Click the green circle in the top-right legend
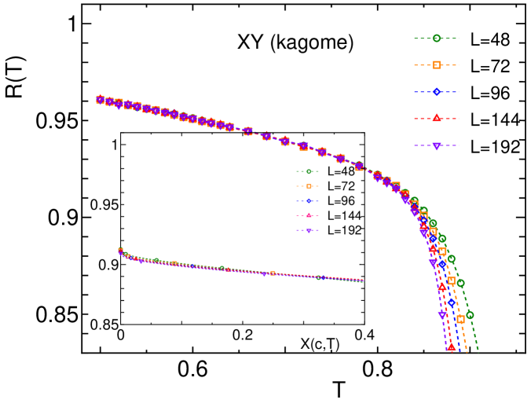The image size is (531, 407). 436,38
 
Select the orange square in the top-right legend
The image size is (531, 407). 436,65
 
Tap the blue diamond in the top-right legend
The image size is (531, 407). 436,92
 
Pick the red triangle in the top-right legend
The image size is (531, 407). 436,119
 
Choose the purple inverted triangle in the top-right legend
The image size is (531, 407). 436,145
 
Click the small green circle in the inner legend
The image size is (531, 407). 309,171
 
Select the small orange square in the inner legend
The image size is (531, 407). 309,186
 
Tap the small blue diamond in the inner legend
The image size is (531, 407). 309,201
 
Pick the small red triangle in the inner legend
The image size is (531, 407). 309,215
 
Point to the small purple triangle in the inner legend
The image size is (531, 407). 309,230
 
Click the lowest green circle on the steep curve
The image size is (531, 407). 470,315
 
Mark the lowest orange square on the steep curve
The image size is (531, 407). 460,320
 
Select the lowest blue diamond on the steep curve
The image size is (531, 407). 452,302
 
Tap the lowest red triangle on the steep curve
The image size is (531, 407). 451,346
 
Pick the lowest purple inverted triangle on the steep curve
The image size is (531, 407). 442,315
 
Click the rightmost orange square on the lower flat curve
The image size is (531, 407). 273,273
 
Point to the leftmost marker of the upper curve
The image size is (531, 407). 100,100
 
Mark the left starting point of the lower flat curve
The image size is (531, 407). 120,251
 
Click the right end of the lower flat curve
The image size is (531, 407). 363,280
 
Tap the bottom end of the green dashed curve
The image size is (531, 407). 478,351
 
